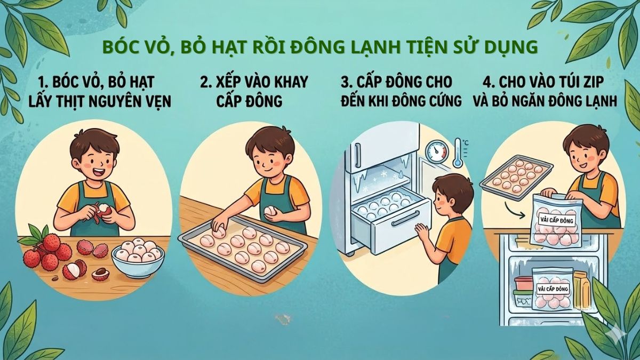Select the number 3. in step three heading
point(347,82)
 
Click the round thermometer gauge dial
point(438,151)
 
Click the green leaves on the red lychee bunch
point(33,235)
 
